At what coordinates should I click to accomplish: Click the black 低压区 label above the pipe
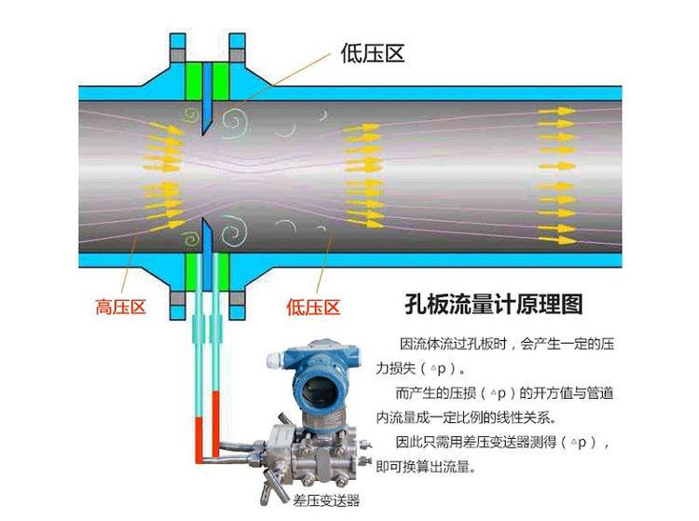373,53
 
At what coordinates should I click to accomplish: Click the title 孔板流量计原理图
493,305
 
